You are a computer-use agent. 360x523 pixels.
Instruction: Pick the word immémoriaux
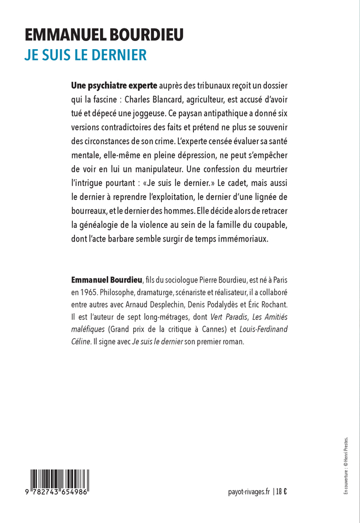point(240,238)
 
